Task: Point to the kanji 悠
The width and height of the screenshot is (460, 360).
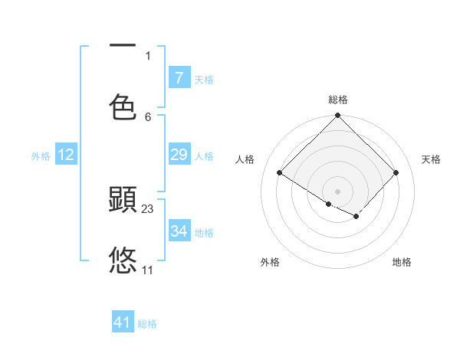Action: point(123,260)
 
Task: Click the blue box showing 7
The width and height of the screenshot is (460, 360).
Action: point(179,77)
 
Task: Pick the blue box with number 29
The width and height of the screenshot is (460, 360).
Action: point(179,155)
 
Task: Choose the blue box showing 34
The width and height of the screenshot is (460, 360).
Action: point(179,231)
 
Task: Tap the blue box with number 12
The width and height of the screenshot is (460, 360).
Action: point(65,155)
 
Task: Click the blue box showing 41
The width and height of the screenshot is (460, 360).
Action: point(123,322)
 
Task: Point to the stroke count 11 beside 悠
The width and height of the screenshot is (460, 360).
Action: point(147,270)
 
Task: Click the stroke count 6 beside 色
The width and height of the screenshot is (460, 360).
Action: point(148,116)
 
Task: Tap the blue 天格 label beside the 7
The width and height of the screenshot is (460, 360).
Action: point(204,80)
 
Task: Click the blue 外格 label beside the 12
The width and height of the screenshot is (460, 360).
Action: point(41,156)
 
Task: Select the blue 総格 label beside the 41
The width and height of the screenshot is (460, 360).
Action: point(147,325)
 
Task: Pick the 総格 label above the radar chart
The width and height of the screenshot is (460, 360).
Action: point(338,100)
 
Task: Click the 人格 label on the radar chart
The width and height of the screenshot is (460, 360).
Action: point(245,159)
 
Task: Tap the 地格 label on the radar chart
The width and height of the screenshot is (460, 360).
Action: point(402,262)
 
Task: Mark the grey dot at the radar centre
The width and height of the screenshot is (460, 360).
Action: point(338,191)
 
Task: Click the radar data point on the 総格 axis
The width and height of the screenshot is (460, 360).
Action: point(338,116)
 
